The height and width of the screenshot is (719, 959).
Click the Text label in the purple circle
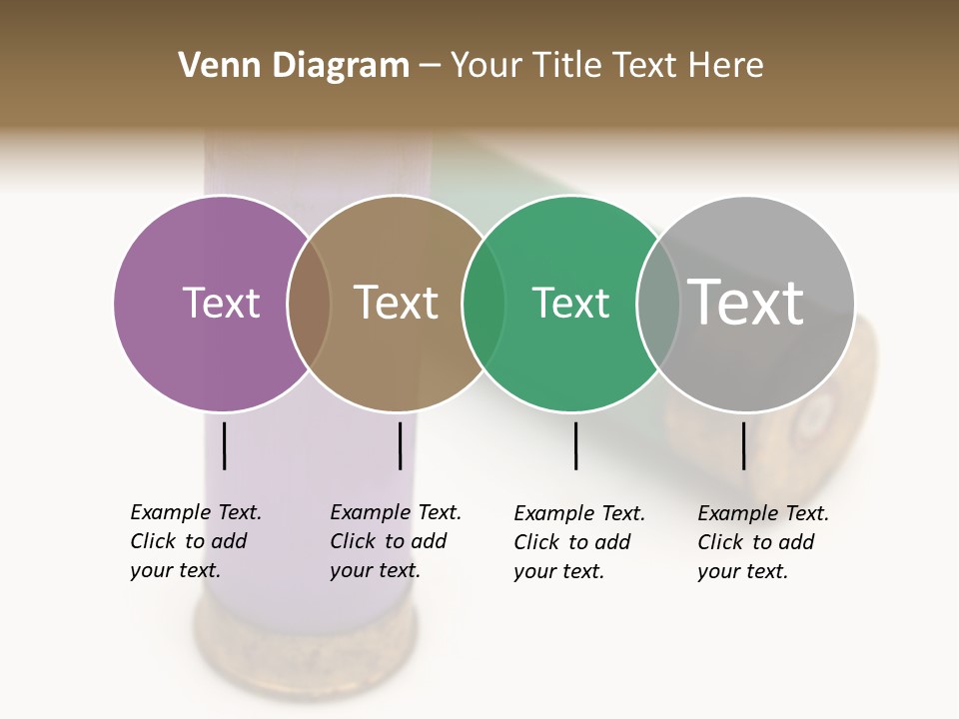(x=221, y=303)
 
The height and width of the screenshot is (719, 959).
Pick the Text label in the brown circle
(x=397, y=303)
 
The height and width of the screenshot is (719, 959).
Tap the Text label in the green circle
(x=570, y=303)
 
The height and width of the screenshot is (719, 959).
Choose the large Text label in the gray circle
(x=746, y=302)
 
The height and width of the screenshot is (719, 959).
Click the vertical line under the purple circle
(x=225, y=445)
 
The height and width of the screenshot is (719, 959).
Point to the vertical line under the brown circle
(x=400, y=445)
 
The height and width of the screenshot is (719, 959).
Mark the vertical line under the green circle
(x=575, y=445)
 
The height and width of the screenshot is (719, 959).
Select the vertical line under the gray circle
(x=743, y=445)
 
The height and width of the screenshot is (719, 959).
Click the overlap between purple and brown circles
(x=309, y=304)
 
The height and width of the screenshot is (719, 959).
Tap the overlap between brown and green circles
(x=483, y=304)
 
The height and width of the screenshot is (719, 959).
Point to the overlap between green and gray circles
(x=658, y=304)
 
